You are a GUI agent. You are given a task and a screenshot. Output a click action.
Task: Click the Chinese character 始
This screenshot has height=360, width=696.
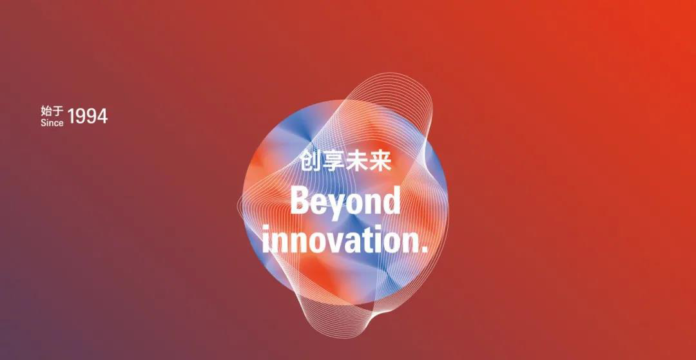pyautogui.click(x=46, y=111)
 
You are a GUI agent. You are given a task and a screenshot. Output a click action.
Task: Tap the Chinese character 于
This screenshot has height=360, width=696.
pyautogui.click(x=58, y=111)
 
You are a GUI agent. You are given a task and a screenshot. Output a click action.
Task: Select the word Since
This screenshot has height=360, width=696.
pyautogui.click(x=52, y=123)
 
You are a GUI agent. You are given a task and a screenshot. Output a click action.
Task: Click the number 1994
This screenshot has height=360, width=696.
pyautogui.click(x=88, y=116)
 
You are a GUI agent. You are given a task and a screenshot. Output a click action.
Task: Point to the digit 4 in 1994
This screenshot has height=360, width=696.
pyautogui.click(x=102, y=116)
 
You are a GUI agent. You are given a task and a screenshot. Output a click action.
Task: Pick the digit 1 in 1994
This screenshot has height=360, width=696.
pyautogui.click(x=71, y=116)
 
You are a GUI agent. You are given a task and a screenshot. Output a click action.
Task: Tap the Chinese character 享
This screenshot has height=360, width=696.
pyautogui.click(x=333, y=161)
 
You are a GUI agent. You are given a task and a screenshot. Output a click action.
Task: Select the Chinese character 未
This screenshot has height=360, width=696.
pyautogui.click(x=356, y=161)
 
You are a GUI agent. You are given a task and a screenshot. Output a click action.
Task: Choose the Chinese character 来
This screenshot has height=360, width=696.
pyautogui.click(x=380, y=161)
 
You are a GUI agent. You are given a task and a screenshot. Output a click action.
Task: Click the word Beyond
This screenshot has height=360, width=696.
pyautogui.click(x=345, y=202)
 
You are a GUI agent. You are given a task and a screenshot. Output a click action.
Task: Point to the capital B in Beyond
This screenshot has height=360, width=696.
pyautogui.click(x=300, y=199)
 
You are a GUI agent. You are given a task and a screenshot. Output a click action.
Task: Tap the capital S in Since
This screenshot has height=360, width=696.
pyautogui.click(x=44, y=123)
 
